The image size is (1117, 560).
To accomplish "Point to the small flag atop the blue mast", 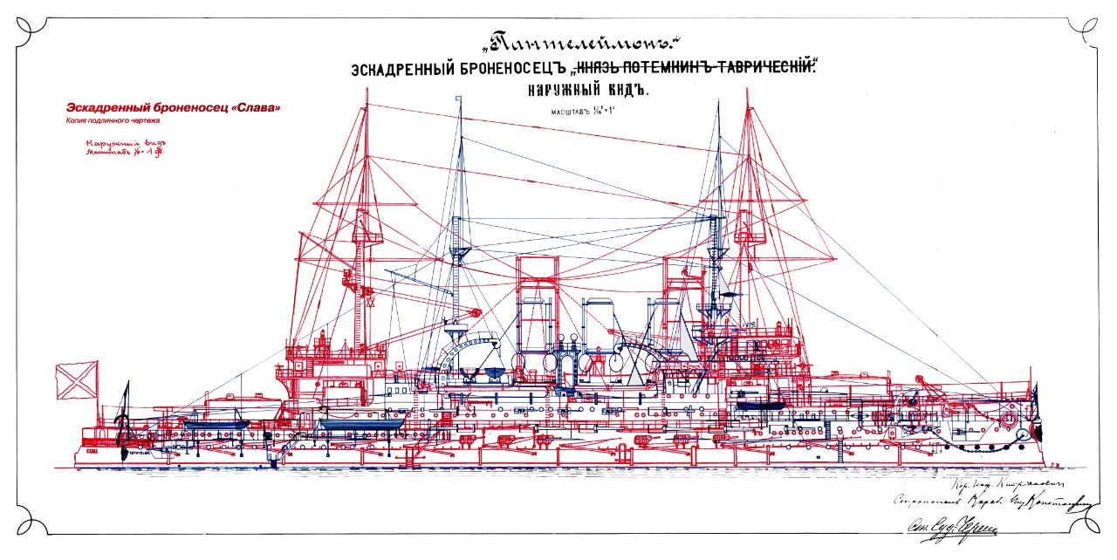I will (460, 100).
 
